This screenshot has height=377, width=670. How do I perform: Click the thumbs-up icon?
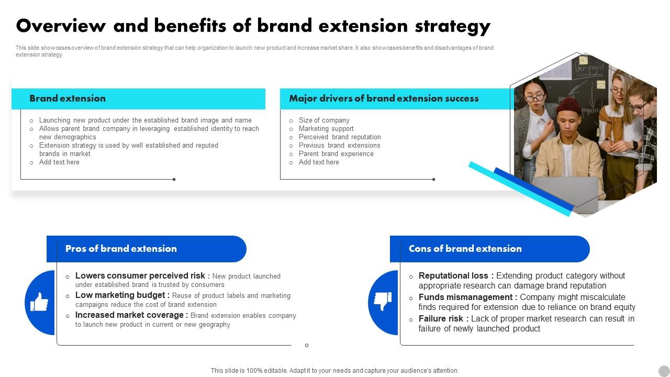39,302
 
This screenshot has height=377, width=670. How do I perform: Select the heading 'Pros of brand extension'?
121,249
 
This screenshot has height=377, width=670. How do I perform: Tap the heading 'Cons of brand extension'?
465,249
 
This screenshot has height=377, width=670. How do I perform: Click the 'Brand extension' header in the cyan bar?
68,98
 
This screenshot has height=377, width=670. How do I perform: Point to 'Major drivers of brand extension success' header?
384,98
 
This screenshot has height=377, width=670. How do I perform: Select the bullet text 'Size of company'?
324,120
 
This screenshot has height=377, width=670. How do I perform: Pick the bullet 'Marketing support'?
326,129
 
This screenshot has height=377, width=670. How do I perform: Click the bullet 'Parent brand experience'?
336,154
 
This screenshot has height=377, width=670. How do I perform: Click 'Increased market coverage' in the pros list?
131,315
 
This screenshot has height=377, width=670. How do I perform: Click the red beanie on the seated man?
568,105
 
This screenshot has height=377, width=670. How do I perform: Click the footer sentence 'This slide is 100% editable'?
334,371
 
